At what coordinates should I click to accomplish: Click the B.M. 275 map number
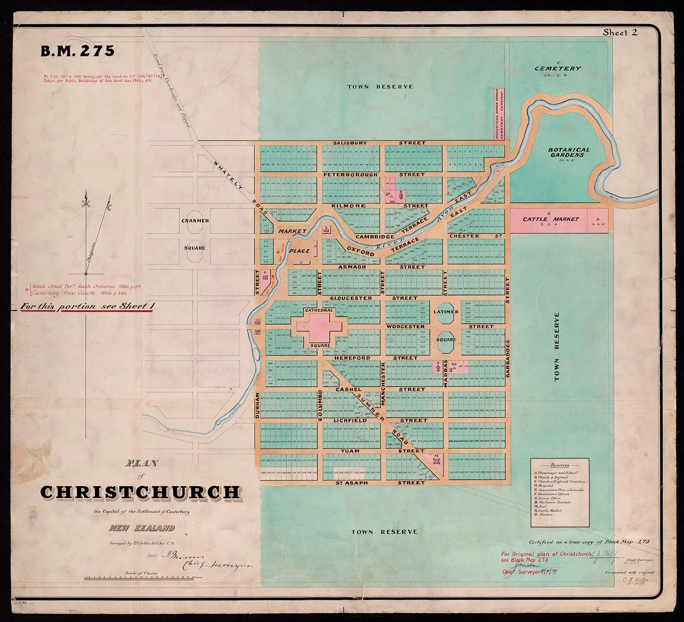pyautogui.click(x=78, y=51)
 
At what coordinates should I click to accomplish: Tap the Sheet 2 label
pyautogui.click(x=620, y=32)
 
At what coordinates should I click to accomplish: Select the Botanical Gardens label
pyautogui.click(x=569, y=152)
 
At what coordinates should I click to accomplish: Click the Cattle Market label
pyautogui.click(x=550, y=219)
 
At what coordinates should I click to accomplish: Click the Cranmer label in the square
pyautogui.click(x=195, y=221)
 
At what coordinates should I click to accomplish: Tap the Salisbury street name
pyautogui.click(x=350, y=143)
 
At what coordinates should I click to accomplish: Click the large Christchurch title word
pyautogui.click(x=140, y=492)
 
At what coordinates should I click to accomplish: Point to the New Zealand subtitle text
pyautogui.click(x=142, y=528)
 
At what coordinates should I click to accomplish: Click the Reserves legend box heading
pyautogui.click(x=560, y=465)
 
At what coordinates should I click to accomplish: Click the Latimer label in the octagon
pyautogui.click(x=446, y=312)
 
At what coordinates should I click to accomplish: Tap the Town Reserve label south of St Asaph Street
pyautogui.click(x=384, y=532)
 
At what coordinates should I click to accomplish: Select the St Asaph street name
pyautogui.click(x=352, y=482)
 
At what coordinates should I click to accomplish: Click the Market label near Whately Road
pyautogui.click(x=292, y=231)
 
